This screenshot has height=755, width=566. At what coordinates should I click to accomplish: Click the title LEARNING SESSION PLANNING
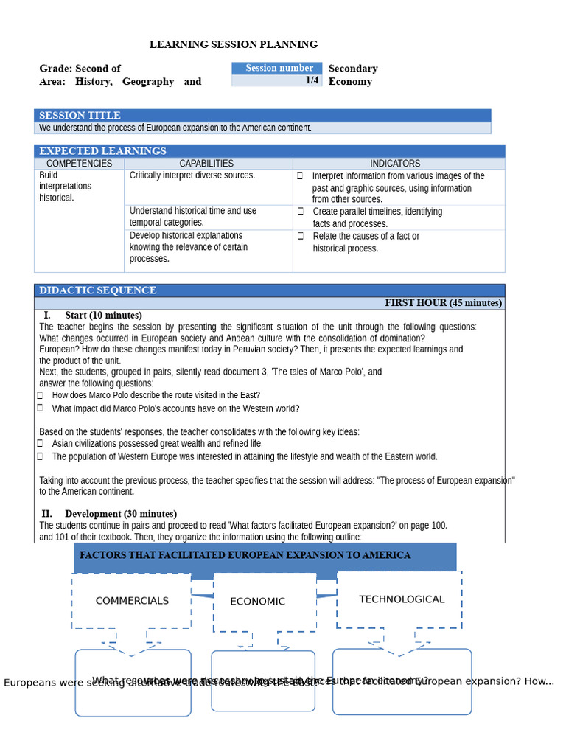tap(234, 45)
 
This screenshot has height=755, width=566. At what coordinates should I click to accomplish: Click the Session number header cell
tap(278, 68)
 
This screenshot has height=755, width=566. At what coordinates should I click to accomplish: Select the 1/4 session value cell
tap(312, 80)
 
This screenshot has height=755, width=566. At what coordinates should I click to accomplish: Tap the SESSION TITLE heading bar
tap(80, 115)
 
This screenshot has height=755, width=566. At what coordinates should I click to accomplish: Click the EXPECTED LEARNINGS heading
tap(102, 150)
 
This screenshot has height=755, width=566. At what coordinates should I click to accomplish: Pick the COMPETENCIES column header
tap(79, 164)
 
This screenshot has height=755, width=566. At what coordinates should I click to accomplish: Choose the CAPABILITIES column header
tap(206, 164)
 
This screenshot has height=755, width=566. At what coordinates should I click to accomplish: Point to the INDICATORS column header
tap(395, 164)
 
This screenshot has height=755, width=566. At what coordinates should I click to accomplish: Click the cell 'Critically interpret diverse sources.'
tap(192, 175)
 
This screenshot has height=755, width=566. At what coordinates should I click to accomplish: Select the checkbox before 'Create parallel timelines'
tap(301, 212)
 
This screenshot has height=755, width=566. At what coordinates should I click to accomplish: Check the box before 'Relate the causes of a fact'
tap(301, 237)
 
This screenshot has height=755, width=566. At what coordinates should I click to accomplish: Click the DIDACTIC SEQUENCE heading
tap(97, 290)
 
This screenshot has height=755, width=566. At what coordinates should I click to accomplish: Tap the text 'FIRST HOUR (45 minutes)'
tap(443, 303)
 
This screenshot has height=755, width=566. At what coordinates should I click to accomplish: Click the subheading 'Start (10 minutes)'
tap(103, 316)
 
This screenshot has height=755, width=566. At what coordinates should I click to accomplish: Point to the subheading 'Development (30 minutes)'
tap(120, 514)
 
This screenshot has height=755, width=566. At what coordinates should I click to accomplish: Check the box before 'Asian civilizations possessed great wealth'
tap(41, 444)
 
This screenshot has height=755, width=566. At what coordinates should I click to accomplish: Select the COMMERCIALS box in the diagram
tap(132, 601)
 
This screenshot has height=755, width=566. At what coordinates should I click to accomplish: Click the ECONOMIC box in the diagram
tap(257, 602)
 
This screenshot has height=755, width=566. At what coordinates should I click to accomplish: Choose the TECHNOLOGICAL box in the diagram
tap(402, 599)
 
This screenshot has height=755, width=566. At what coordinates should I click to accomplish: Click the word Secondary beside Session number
tap(353, 69)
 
